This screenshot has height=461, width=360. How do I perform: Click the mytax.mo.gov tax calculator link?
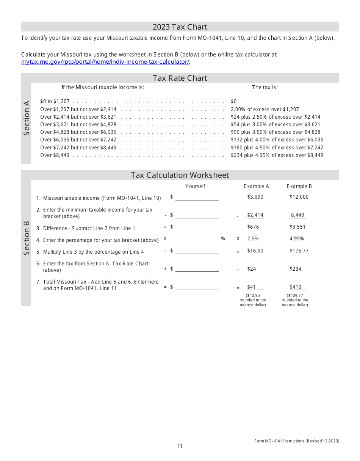point(105,62)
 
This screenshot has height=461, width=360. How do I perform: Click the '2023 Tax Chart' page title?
point(180,27)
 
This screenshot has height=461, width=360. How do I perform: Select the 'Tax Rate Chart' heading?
point(180,78)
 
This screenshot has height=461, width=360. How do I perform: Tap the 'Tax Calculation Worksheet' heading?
point(180,175)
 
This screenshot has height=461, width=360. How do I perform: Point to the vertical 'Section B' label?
point(27,238)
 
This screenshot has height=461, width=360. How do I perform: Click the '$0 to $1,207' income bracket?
point(55,102)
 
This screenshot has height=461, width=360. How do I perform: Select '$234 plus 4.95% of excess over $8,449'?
point(277,155)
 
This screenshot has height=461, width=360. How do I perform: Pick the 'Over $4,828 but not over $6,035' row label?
point(78,132)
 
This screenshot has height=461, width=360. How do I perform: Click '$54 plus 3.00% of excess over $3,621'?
point(275,124)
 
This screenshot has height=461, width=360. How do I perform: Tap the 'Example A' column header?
point(256,187)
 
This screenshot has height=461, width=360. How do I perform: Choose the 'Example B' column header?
point(299,187)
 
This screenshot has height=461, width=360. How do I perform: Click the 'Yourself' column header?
point(195,187)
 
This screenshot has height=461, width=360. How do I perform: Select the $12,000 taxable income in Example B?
point(299,197)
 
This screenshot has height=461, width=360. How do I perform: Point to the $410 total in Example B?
point(295,287)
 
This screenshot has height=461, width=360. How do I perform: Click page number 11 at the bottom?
point(180,446)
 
